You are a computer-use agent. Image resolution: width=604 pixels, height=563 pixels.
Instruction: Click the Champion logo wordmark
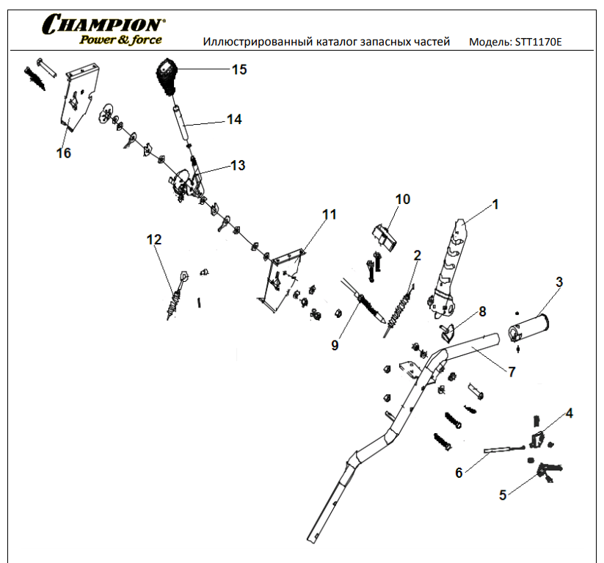(x=103, y=24)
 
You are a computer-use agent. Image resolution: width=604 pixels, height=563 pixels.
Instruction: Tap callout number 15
(x=239, y=70)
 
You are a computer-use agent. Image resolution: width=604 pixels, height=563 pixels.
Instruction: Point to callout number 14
(x=234, y=119)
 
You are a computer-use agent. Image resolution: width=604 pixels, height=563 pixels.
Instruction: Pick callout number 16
(x=64, y=153)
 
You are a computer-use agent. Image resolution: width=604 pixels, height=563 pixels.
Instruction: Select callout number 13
(x=238, y=165)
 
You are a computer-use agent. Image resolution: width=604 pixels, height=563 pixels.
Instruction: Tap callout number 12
(x=153, y=239)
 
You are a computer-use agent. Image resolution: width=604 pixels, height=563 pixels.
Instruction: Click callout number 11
(x=330, y=214)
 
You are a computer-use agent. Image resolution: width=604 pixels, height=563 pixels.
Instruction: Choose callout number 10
(x=403, y=199)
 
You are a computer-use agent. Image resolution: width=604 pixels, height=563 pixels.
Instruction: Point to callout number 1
(x=495, y=204)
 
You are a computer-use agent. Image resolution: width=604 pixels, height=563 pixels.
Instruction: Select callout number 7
(x=512, y=371)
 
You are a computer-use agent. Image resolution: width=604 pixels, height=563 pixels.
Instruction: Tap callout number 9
(x=335, y=345)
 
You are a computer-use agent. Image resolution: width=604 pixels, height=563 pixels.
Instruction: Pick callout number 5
(x=503, y=495)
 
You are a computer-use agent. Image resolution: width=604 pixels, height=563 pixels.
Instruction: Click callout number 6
(x=459, y=473)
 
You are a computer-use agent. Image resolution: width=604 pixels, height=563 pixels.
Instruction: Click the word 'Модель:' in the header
(x=490, y=42)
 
